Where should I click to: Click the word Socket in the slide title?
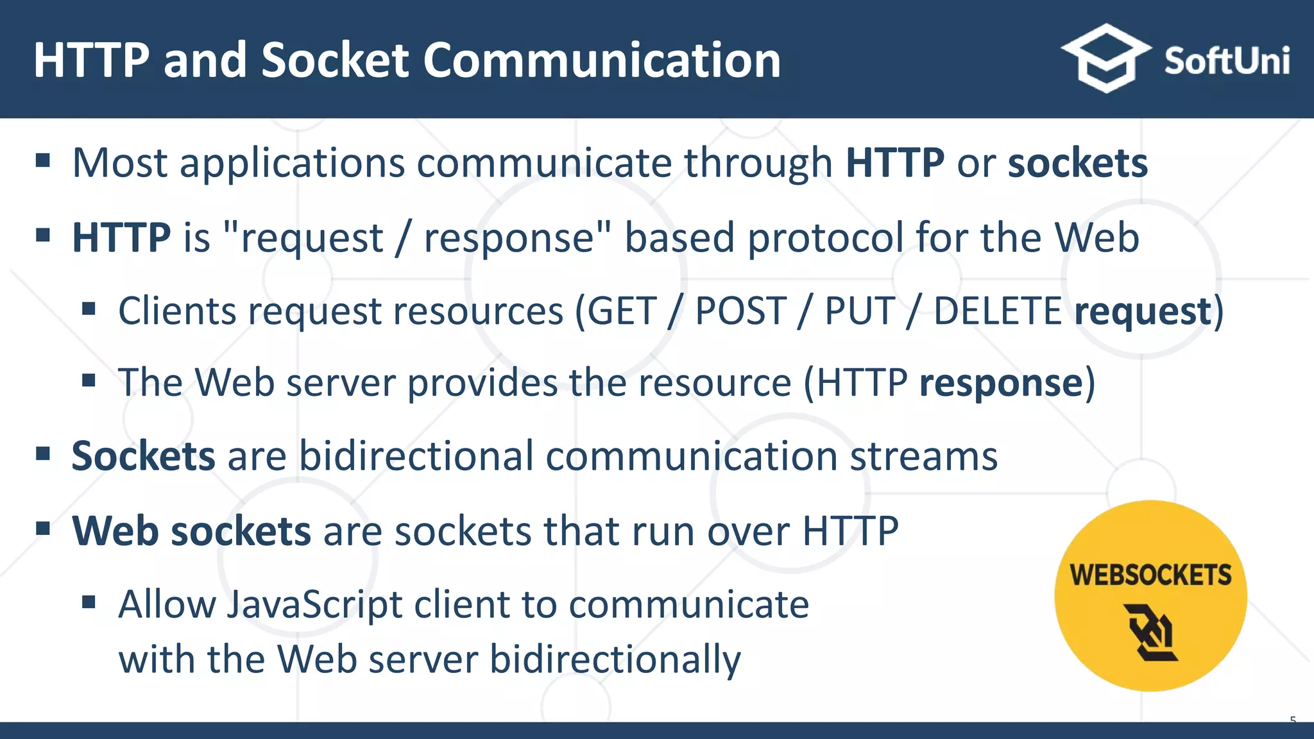pos(335,60)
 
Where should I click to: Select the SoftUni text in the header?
pos(1227,61)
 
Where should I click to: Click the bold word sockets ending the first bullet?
pos(1077,163)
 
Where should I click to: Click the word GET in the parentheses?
pos(622,312)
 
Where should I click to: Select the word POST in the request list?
pos(741,312)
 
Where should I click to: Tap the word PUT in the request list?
pos(859,312)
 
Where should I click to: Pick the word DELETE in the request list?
pos(998,312)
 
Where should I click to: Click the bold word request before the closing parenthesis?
pos(1142,312)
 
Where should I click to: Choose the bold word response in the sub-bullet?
pos(1001,383)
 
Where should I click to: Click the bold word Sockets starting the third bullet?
pos(143,456)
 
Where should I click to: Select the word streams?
pos(924,456)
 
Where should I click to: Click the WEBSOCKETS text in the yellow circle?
pos(1150,575)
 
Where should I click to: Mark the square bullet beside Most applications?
pos(43,160)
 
